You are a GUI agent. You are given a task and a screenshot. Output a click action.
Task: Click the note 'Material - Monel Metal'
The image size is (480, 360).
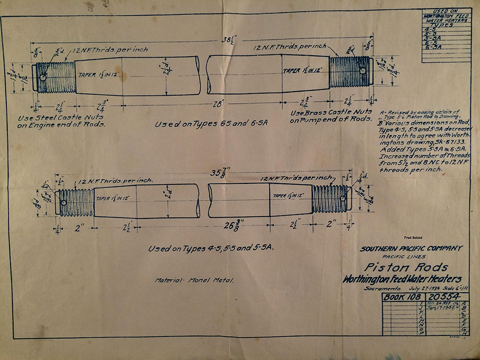(x=194, y=280)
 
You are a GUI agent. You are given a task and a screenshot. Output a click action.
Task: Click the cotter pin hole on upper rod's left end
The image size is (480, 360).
(x=43, y=77)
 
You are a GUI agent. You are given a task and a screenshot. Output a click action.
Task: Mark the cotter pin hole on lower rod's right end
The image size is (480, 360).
(x=342, y=199)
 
